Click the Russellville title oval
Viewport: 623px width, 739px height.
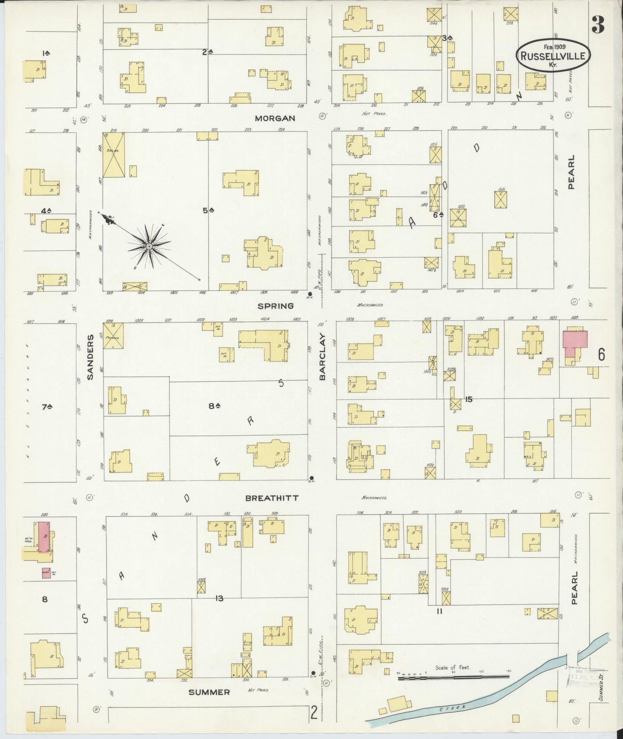(553, 56)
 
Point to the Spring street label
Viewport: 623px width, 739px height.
(276, 306)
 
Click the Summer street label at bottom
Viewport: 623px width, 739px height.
(209, 692)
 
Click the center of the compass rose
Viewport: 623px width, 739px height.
(149, 246)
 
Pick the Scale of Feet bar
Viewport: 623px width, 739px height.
(453, 678)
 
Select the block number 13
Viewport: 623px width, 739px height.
(219, 598)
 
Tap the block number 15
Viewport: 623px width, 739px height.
(468, 399)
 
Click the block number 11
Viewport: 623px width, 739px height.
(439, 611)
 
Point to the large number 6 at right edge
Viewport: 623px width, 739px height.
(601, 354)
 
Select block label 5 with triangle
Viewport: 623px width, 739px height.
(209, 210)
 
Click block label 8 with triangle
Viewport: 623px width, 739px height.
(214, 405)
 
